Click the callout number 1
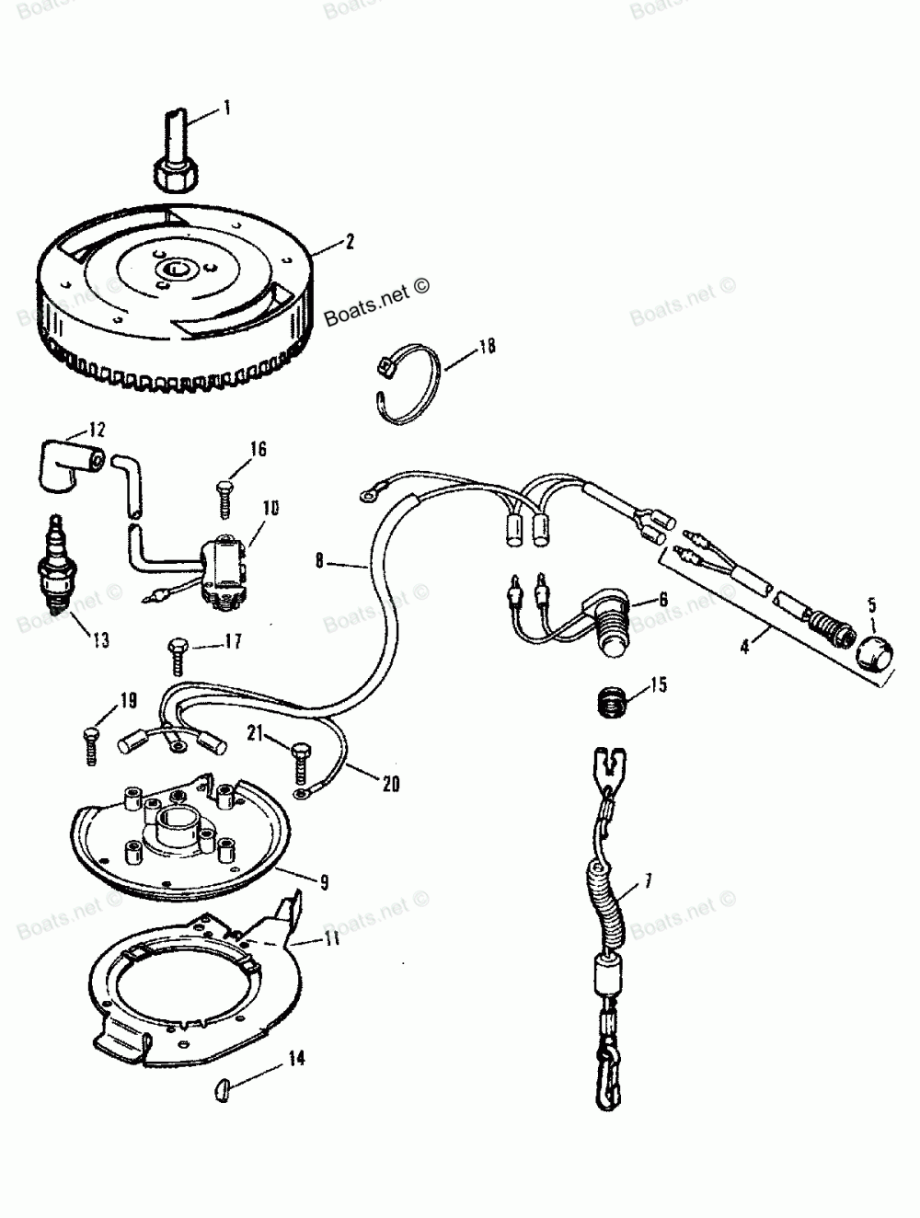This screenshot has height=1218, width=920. point(227,109)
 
